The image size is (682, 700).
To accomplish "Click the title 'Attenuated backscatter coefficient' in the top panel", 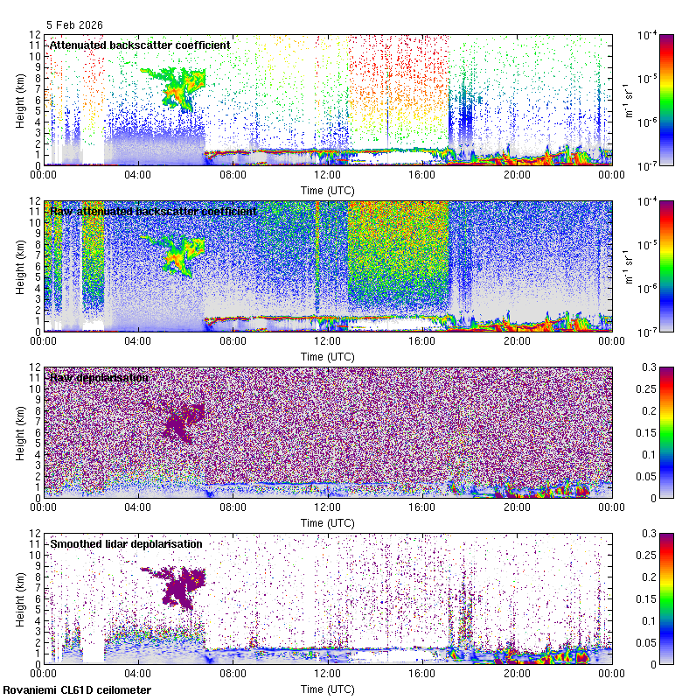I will tap(140, 45).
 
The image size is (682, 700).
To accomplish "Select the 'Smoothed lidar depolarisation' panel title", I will tap(126, 543).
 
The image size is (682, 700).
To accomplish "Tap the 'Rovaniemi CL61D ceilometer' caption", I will tap(76, 690).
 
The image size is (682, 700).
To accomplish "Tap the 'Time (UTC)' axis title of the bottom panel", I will tap(327, 689).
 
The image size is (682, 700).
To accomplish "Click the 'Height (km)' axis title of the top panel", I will tap(19, 100).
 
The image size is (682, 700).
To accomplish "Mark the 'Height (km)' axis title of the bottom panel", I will tap(19, 598).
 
